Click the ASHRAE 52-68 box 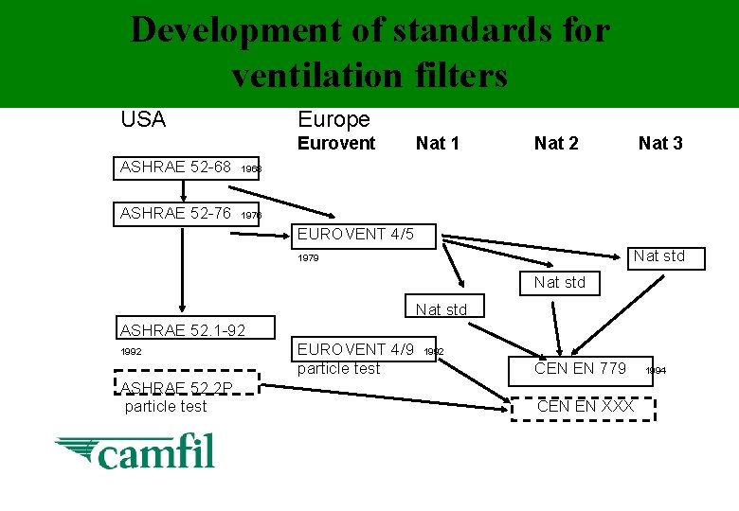tap(175, 167)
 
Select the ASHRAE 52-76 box tap(175, 214)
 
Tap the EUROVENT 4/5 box tap(365, 235)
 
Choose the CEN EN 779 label tap(580, 368)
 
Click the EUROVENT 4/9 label tap(355, 349)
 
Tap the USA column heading tap(143, 120)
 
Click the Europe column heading tap(333, 119)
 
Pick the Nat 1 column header tap(437, 143)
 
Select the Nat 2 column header tap(556, 143)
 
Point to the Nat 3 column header tap(660, 143)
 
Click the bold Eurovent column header tap(336, 143)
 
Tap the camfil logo tap(135, 451)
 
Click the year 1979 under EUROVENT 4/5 tap(308, 257)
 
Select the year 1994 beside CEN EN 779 tap(656, 371)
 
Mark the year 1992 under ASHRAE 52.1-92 tap(131, 352)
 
